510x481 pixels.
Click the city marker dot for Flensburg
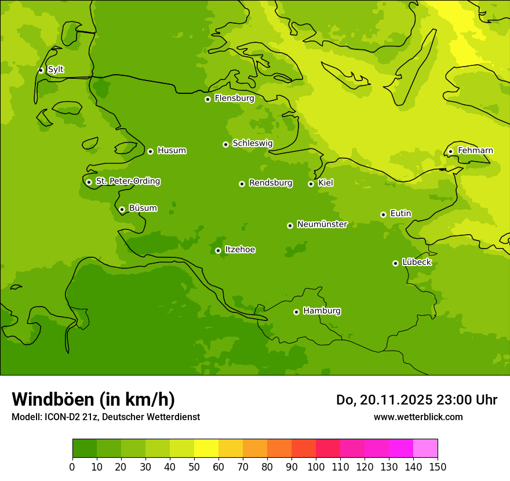(x=207, y=99)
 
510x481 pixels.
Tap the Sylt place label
(x=56, y=70)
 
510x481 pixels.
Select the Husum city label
(x=172, y=151)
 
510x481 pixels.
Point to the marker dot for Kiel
(x=311, y=184)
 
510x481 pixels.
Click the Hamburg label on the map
(x=322, y=311)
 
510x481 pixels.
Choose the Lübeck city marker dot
(x=395, y=263)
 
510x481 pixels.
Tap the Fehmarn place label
(x=475, y=151)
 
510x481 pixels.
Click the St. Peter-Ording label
(x=128, y=181)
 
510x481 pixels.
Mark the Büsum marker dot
(x=122, y=209)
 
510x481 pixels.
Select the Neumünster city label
(x=322, y=224)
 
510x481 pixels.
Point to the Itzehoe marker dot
(x=218, y=250)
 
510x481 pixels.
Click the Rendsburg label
(x=271, y=183)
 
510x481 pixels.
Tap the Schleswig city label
(x=252, y=143)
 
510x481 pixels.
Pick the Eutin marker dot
(x=383, y=214)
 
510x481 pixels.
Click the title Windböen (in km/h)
(x=93, y=399)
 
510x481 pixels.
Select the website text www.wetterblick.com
(x=418, y=417)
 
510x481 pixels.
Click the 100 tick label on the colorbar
(x=316, y=467)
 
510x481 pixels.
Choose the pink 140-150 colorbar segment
(x=425, y=449)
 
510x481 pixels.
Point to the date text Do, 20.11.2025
(x=384, y=400)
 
